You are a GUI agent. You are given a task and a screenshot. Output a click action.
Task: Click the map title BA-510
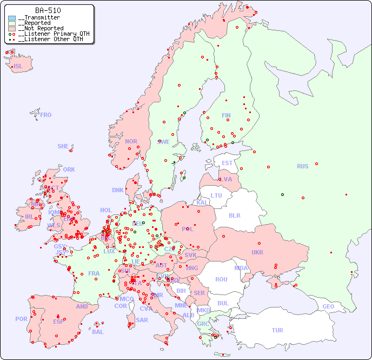[48, 10]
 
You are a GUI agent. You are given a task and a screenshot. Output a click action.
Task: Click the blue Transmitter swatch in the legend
[12, 18]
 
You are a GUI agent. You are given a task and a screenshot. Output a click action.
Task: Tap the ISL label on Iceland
[18, 67]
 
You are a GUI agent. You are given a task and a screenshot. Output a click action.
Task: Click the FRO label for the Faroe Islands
[46, 115]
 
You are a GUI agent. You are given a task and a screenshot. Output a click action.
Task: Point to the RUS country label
[302, 166]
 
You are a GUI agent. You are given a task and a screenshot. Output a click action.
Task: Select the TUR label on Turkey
[277, 330]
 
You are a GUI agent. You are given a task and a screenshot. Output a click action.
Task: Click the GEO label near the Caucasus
[328, 306]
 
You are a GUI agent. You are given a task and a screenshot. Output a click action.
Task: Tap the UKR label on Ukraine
[257, 252]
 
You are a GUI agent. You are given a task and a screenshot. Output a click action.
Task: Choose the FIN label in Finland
[226, 115]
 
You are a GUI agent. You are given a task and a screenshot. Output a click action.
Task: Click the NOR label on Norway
[131, 141]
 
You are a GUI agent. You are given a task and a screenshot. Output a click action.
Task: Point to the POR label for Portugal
[21, 319]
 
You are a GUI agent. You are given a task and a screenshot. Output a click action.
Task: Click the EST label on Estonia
[227, 163]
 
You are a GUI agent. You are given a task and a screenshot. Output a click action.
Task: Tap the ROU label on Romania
[221, 279]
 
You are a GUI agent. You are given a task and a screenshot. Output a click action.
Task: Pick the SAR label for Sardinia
[142, 320]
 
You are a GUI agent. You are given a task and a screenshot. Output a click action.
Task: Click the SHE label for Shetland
[63, 146]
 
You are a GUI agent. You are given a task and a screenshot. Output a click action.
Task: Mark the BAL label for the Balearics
[98, 332]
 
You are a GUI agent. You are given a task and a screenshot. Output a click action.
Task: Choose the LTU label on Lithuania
[216, 195]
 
